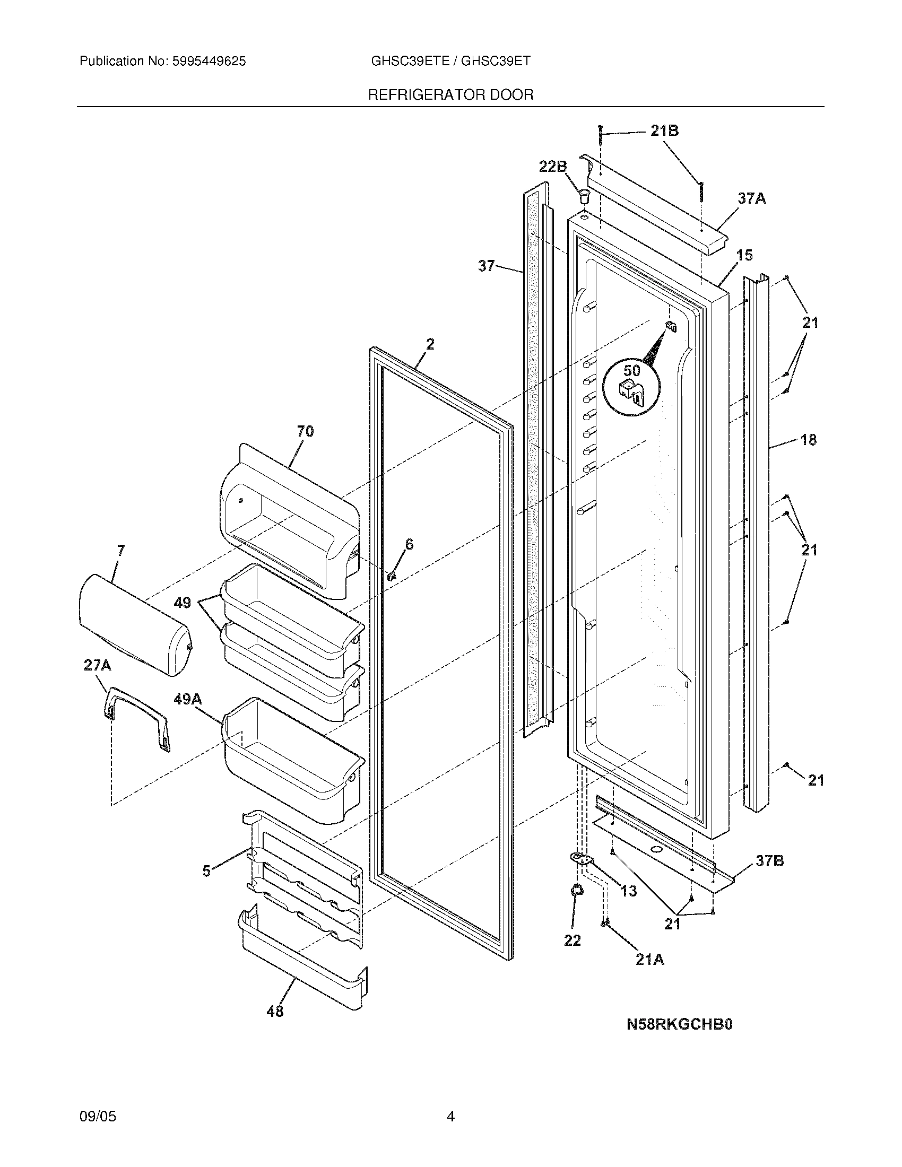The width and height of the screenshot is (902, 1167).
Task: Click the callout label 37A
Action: click(x=752, y=199)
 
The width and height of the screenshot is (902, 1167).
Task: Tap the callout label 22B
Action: click(x=552, y=167)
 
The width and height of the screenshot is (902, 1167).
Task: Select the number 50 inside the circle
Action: click(x=631, y=370)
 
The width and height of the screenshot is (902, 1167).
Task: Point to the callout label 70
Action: click(x=305, y=431)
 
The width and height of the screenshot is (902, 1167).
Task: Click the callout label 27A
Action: click(x=97, y=665)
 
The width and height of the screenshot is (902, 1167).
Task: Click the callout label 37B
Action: click(x=769, y=861)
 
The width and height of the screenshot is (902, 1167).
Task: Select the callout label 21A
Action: click(x=650, y=960)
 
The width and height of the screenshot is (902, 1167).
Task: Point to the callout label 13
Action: click(x=629, y=891)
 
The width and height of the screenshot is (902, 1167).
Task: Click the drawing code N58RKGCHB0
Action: click(x=679, y=1024)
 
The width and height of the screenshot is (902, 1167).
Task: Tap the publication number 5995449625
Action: click(x=209, y=62)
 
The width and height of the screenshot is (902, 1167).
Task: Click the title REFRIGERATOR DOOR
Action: click(x=450, y=95)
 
